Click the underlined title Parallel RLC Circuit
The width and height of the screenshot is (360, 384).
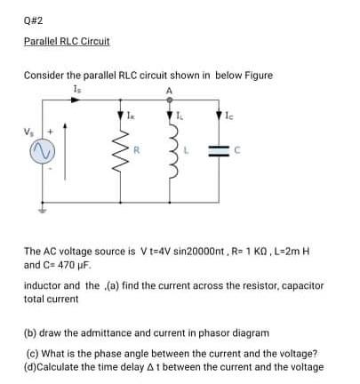coord(67,42)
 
